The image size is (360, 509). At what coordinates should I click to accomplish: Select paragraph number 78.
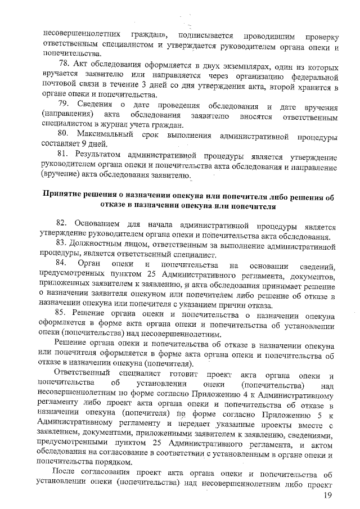pyautogui.click(x=64, y=62)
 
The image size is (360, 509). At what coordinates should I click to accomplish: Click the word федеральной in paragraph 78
pyautogui.click(x=313, y=73)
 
